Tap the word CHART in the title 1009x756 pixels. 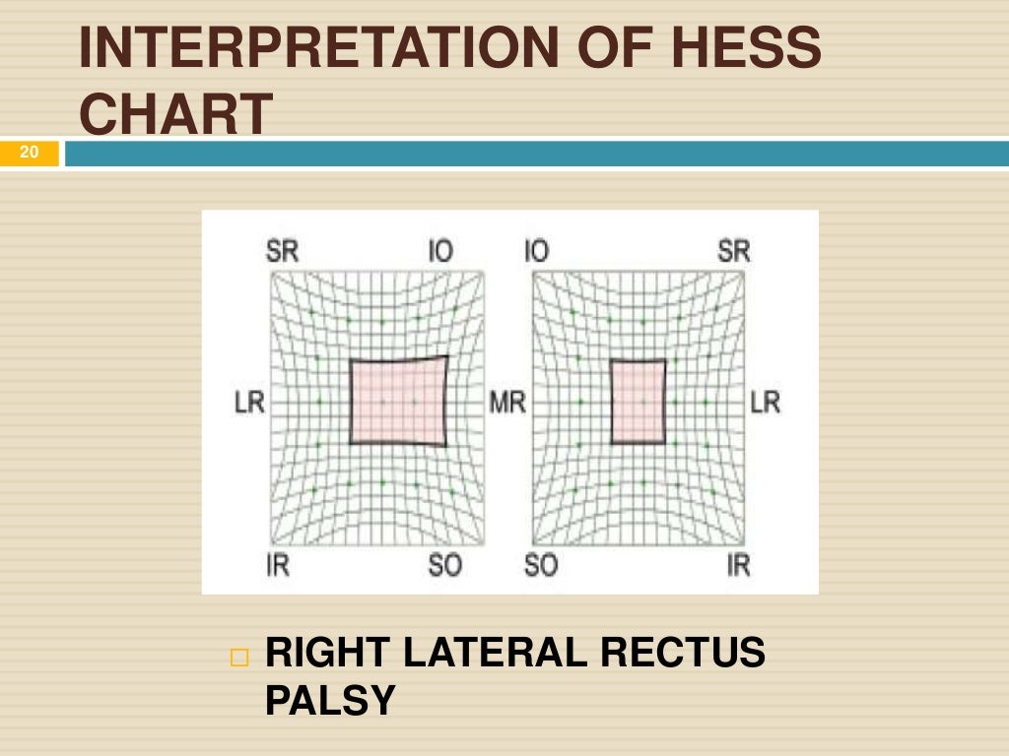click(x=174, y=115)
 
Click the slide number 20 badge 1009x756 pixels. click(x=29, y=153)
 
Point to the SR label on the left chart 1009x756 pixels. click(x=282, y=251)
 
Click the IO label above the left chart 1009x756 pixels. click(x=440, y=251)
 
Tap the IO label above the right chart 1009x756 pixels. click(x=536, y=251)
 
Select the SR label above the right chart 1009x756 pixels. click(x=734, y=251)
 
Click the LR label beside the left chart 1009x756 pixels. click(x=250, y=403)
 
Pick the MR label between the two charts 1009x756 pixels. click(x=507, y=403)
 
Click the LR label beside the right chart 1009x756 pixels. click(x=766, y=403)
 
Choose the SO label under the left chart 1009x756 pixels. click(x=444, y=566)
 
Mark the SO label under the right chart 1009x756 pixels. click(x=540, y=566)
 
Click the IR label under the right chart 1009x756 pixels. click(x=738, y=566)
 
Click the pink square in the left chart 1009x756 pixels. click(x=397, y=401)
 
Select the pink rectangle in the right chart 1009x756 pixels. click(x=638, y=402)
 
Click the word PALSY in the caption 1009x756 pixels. click(x=330, y=701)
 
